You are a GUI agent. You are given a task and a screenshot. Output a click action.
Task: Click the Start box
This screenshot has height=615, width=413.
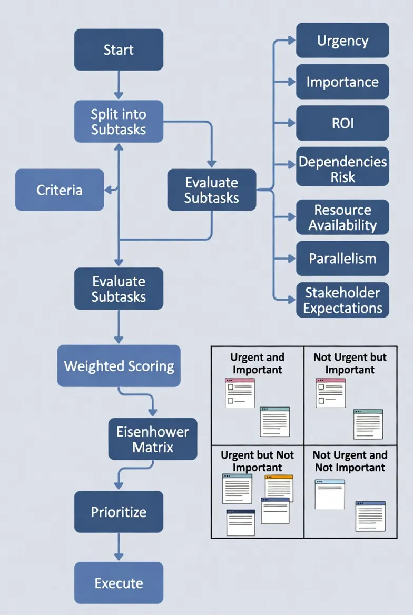119,50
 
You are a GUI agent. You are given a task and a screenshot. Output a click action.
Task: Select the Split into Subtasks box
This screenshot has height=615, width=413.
119,122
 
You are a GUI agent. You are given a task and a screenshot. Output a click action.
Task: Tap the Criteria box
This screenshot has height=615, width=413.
60,190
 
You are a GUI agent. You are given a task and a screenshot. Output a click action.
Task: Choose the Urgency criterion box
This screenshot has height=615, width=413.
342,41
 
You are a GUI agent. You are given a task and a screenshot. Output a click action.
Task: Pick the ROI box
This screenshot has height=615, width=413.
342,123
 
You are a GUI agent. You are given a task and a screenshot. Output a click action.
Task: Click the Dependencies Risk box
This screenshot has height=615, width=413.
342,167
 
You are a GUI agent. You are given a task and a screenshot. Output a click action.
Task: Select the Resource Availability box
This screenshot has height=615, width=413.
342,217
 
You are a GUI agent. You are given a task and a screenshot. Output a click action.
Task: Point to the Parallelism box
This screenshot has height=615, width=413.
342,259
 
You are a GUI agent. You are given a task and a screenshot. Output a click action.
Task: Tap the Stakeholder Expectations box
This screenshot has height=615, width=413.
342,300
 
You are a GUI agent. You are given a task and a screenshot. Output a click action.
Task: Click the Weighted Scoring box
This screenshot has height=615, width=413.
119,366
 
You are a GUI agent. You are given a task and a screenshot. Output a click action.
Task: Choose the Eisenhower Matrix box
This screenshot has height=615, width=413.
153,439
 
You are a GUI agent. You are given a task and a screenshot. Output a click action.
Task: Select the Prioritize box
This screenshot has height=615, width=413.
119,512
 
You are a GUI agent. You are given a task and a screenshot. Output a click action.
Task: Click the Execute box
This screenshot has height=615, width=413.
119,583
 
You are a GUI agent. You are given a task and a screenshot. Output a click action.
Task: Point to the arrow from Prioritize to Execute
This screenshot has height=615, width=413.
119,547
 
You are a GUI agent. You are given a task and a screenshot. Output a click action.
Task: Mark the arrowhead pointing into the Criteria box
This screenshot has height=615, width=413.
108,190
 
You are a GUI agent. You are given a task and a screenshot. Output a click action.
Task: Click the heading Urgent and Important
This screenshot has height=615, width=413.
257,364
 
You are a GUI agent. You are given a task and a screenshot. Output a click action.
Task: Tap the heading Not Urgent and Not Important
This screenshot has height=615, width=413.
350,461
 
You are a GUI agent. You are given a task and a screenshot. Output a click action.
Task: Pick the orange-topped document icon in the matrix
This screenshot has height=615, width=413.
279,488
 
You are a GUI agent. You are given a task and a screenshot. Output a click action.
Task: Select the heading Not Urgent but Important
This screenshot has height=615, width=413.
350,364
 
